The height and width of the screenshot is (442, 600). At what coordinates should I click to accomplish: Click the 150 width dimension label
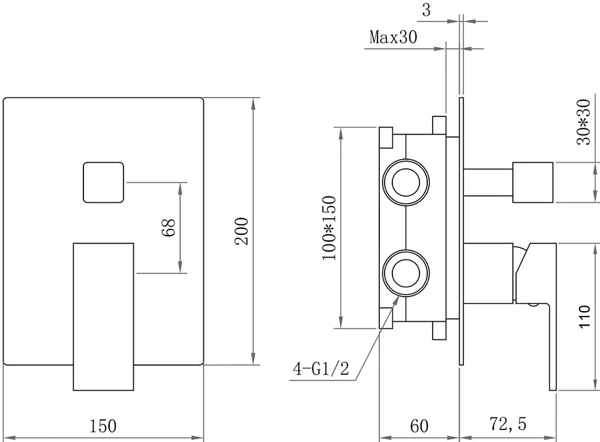tap(103, 426)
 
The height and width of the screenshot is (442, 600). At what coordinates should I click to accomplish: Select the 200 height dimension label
tap(242, 231)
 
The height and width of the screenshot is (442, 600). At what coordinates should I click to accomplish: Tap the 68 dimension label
tap(169, 228)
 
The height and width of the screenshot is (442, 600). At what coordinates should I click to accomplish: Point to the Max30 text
tap(394, 37)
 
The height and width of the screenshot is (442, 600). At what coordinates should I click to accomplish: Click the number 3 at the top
tap(426, 10)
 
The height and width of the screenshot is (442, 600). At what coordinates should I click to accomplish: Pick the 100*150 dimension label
tap(329, 228)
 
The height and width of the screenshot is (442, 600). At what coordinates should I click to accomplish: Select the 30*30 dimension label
tap(584, 122)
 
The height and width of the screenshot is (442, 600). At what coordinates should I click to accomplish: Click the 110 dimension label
tap(584, 316)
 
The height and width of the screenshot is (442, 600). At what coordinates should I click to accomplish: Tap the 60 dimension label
tap(419, 426)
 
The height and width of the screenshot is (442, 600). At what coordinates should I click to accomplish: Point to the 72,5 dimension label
tap(508, 424)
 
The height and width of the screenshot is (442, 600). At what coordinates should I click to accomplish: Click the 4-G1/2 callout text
tap(321, 369)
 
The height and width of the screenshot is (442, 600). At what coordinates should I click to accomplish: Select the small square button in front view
tap(104, 183)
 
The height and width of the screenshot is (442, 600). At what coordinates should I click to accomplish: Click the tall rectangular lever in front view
tap(103, 316)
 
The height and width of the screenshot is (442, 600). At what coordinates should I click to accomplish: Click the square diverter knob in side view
tap(533, 183)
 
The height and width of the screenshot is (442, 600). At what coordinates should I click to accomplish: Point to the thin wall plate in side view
tap(461, 231)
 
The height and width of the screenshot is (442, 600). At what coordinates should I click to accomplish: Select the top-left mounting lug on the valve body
tap(386, 138)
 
